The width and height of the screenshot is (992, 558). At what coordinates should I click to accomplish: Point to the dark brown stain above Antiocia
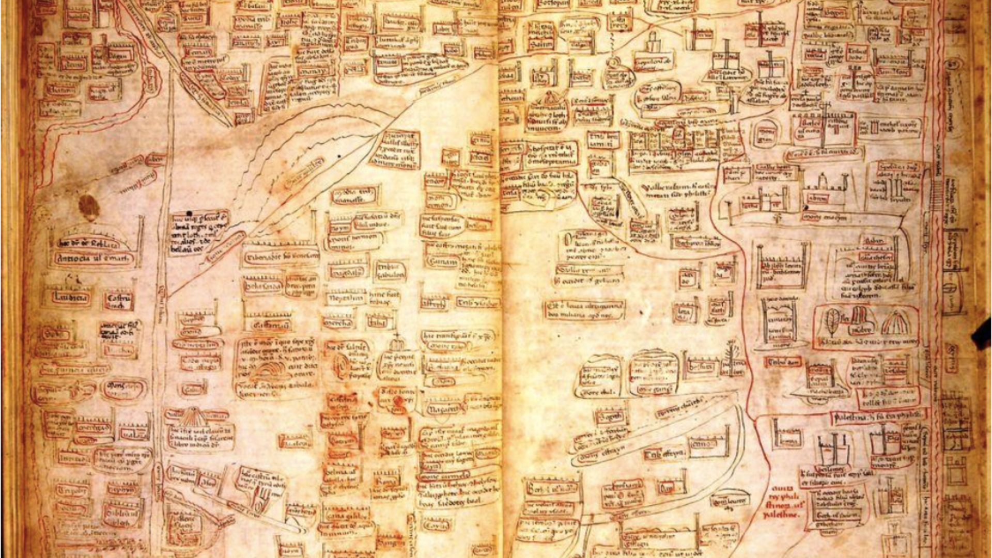coord(89,206)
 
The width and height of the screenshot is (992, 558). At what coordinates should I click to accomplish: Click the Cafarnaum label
coord(267,326)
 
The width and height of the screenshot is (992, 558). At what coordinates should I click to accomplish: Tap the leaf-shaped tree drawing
coord(832,323)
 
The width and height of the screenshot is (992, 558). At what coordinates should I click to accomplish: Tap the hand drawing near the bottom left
coord(261,499)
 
